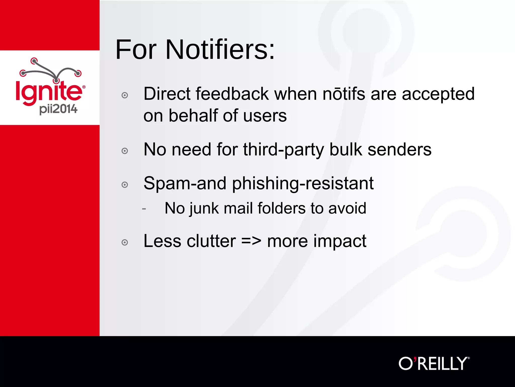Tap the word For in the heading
coord(136,50)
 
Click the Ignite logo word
coord(49,91)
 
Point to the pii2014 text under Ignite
coord(58,109)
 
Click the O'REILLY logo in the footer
coord(434,364)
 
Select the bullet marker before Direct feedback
coord(125,95)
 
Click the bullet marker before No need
coord(125,151)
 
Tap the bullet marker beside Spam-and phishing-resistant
coord(125,185)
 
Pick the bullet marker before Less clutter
coord(125,242)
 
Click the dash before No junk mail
coord(144,209)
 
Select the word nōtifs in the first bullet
coord(344,94)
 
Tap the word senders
coord(399,150)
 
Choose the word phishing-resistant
coord(303,184)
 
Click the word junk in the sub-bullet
coord(204,209)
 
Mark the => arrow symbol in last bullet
coord(251,241)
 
